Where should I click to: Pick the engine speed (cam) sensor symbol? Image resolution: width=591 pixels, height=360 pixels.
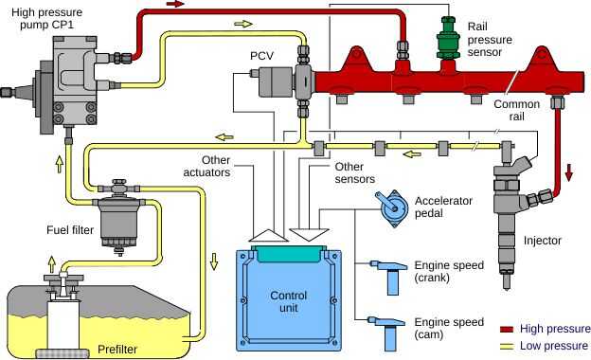coord(387,331)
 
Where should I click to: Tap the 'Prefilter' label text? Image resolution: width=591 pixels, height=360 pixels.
coord(117,350)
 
